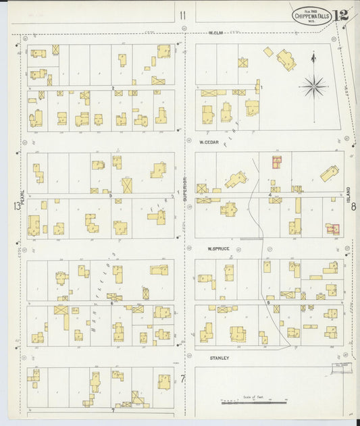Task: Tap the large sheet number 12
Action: pyautogui.click(x=341, y=15)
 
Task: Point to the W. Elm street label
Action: pyautogui.click(x=215, y=32)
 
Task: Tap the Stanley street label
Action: pyautogui.click(x=219, y=358)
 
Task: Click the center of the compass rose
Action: pyautogui.click(x=313, y=86)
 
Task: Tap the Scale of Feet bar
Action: pyautogui.click(x=253, y=403)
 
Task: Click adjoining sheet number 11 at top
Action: pyautogui.click(x=182, y=15)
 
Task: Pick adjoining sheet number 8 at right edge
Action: pyautogui.click(x=353, y=207)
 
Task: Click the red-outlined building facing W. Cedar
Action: pyautogui.click(x=276, y=162)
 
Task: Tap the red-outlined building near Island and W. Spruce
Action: pyautogui.click(x=332, y=229)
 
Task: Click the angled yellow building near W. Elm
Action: pyautogui.click(x=286, y=60)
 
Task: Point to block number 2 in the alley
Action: pyautogui.click(x=112, y=88)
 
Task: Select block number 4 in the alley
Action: pyautogui.click(x=269, y=196)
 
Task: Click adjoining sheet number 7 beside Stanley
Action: pyautogui.click(x=182, y=378)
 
